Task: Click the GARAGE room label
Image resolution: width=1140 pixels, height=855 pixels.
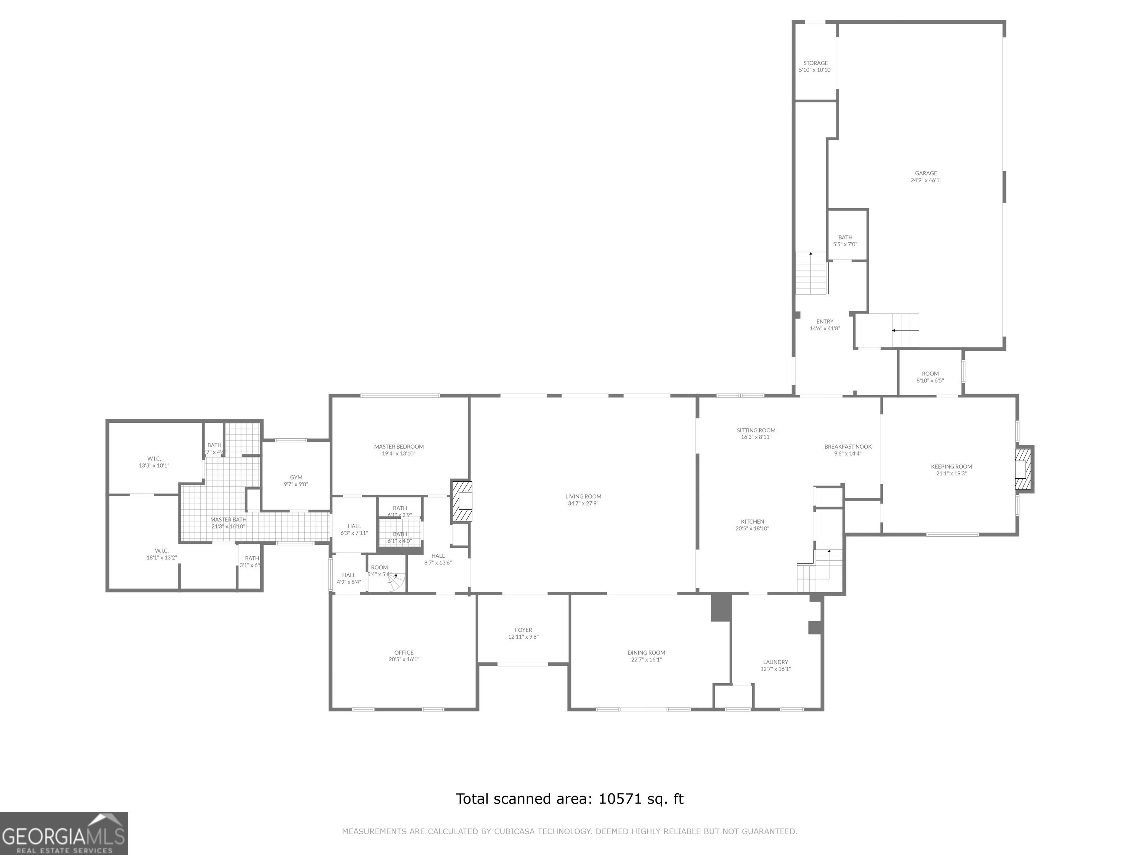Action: pos(926,174)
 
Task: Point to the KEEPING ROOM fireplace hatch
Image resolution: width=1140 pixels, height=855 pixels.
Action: pos(1023,469)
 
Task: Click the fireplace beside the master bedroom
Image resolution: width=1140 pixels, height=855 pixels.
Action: pos(462,501)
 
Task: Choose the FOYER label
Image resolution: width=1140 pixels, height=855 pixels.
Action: pos(523,630)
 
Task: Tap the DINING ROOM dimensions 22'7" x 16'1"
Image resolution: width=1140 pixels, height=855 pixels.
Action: pos(646,660)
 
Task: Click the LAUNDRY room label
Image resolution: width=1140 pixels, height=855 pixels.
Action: pos(775,662)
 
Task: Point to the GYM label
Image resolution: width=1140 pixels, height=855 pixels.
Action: pos(296,477)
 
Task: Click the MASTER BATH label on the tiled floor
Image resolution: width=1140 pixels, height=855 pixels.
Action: pos(228,520)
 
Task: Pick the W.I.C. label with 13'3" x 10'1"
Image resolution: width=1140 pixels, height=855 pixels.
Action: pos(154,459)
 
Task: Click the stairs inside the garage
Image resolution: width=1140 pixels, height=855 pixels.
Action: pos(905,330)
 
